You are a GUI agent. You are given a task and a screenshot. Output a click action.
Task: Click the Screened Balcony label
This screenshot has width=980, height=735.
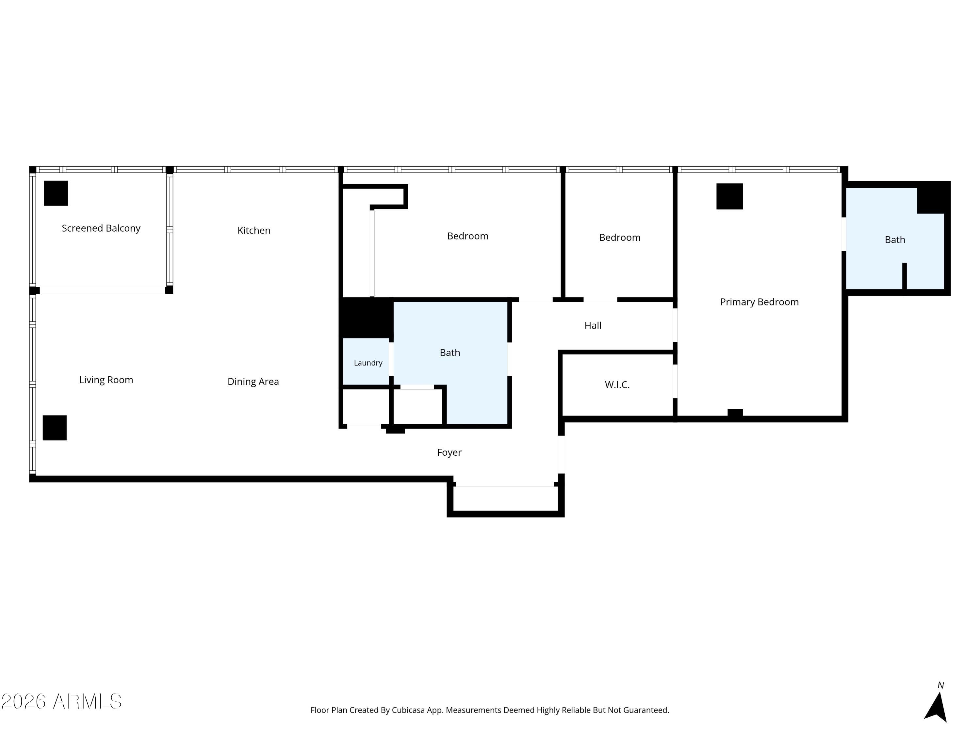tap(101, 228)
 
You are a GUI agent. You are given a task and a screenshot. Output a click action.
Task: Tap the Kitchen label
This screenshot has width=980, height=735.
tap(254, 230)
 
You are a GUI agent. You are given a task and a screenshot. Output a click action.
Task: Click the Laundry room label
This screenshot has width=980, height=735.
tap(368, 363)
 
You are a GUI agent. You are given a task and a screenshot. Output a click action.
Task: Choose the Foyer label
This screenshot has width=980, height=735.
tap(449, 452)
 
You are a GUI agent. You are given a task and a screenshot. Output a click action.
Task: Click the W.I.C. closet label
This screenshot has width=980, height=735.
tap(617, 384)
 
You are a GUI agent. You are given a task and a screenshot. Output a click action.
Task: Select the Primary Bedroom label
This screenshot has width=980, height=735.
tap(759, 302)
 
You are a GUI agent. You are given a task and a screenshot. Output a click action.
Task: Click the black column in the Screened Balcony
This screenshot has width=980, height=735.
tap(56, 193)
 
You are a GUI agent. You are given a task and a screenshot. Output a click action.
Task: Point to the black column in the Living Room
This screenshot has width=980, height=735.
tap(55, 428)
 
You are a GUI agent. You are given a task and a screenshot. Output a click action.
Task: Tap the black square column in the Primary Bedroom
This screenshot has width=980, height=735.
tap(730, 196)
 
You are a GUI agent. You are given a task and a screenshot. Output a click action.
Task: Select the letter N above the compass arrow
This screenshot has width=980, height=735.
tap(940, 685)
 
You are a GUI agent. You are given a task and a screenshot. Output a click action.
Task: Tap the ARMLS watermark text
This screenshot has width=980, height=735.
tap(62, 701)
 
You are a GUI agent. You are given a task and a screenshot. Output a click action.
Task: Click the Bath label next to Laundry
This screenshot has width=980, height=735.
tap(450, 353)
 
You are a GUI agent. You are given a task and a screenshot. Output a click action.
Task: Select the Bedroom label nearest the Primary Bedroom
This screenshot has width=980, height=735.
tap(620, 237)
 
